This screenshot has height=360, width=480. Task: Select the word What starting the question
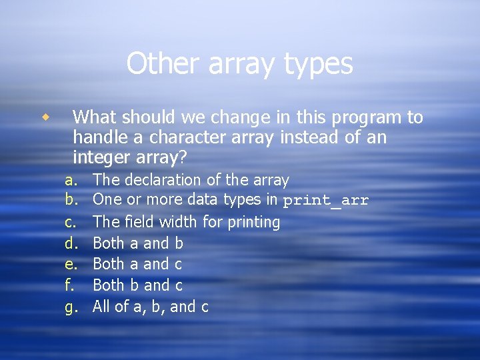coord(96,118)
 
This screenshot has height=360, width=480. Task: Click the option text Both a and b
coord(137,243)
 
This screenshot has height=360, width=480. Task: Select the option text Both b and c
coord(137,285)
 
